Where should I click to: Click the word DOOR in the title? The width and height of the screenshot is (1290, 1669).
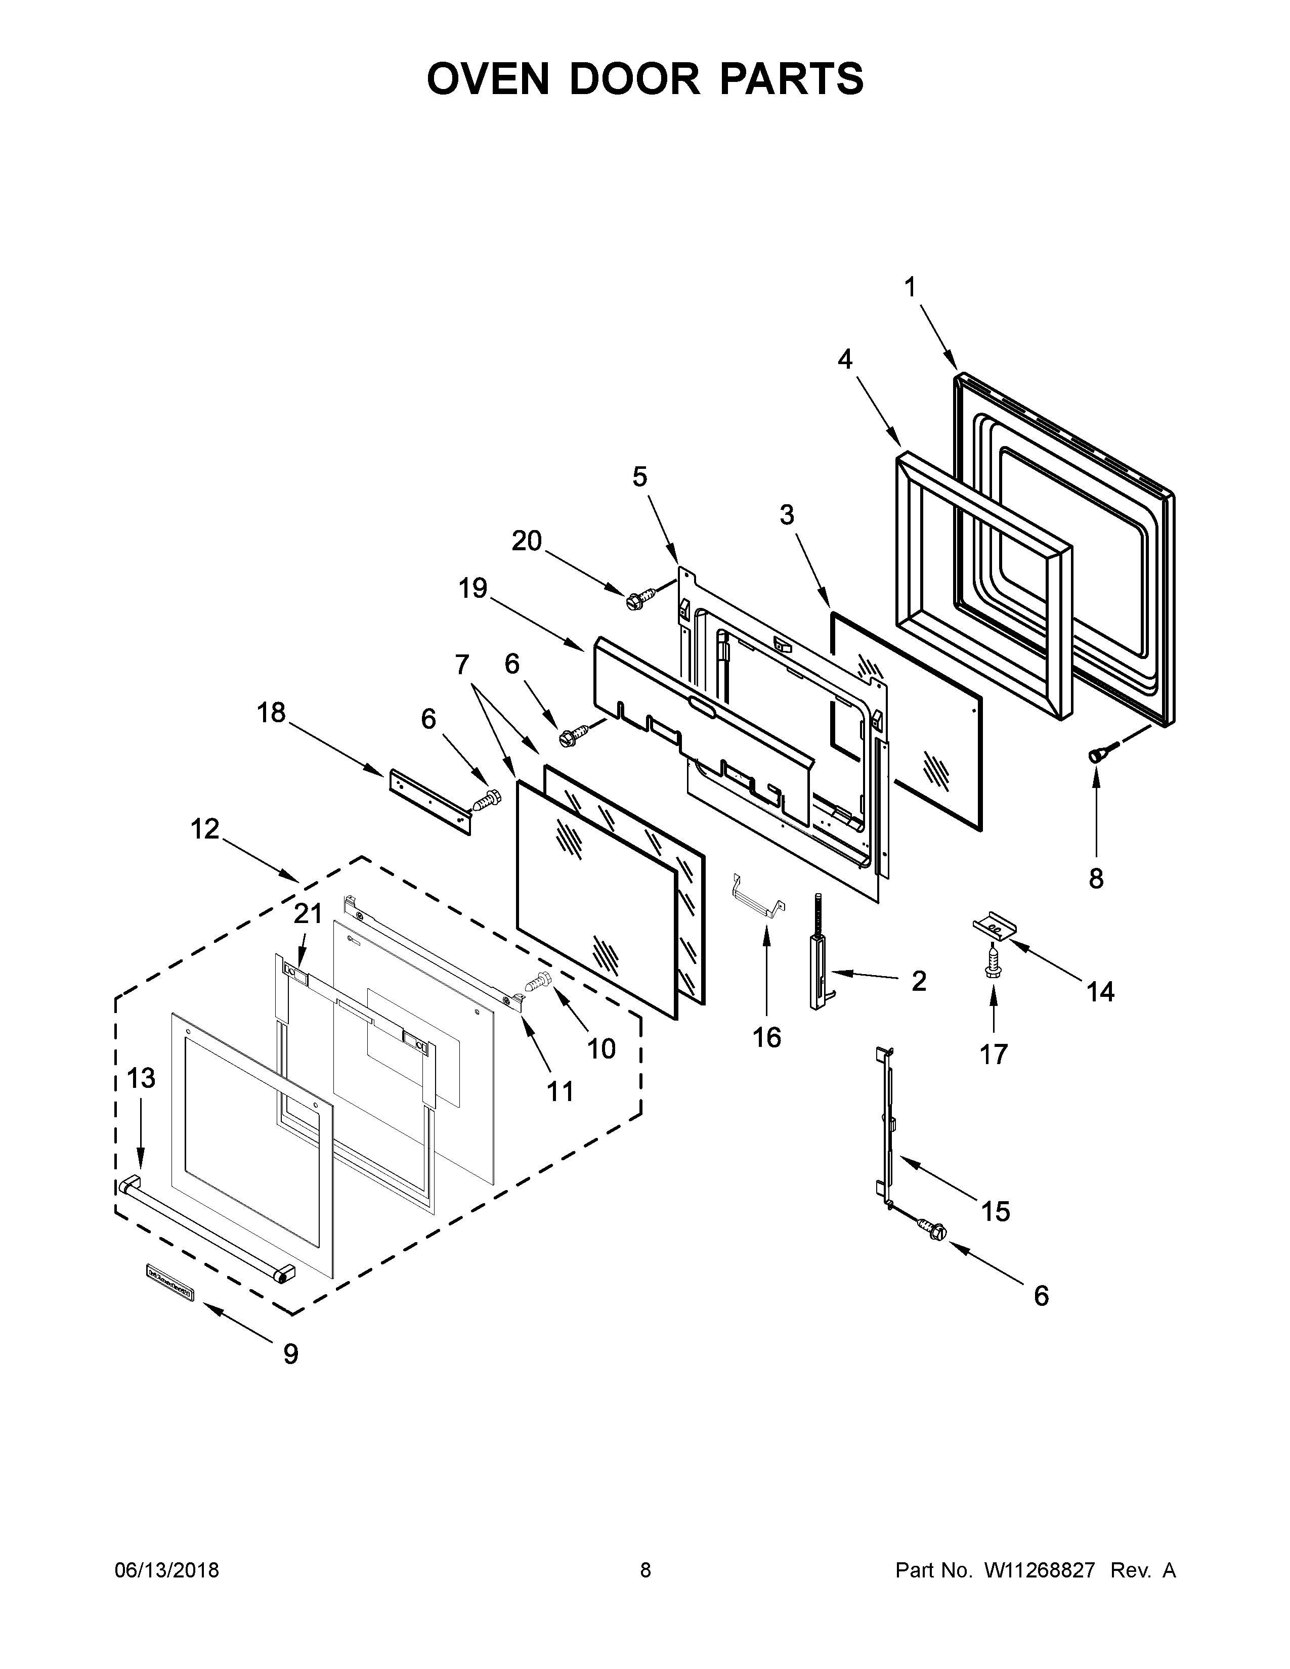tap(633, 79)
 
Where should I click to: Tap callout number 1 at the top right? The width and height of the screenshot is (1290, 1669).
tap(910, 287)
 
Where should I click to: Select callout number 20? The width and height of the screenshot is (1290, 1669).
tap(527, 541)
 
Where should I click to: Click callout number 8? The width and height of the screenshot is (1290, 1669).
tap(1096, 880)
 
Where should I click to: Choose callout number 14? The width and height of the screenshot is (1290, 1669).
tap(1100, 992)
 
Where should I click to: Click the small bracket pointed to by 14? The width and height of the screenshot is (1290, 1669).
tap(994, 926)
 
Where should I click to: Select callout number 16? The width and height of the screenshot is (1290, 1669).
tap(766, 1037)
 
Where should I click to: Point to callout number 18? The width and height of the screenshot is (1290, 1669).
tap(271, 713)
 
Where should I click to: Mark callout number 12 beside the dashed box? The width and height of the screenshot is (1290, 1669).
tap(205, 828)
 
